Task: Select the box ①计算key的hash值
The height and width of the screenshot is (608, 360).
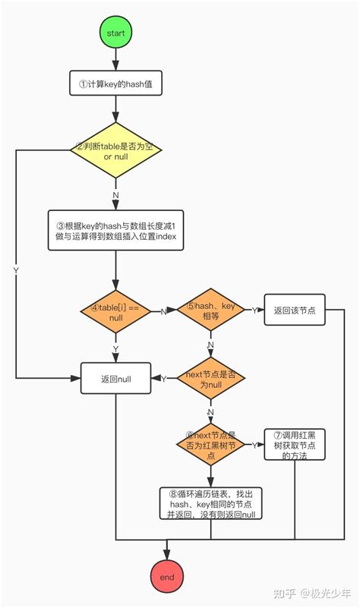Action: click(x=115, y=84)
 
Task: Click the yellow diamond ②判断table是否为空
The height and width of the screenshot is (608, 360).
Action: click(x=115, y=150)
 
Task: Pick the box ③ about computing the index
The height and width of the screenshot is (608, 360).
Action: click(x=115, y=231)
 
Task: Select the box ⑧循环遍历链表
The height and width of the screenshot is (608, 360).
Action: click(x=210, y=503)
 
